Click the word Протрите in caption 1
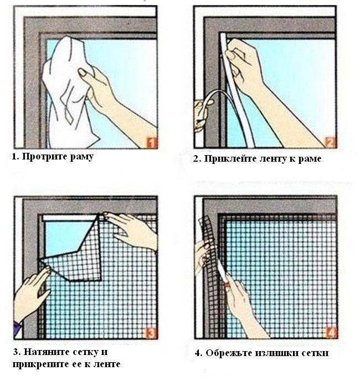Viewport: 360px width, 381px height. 44,157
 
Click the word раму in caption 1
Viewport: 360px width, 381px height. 81,157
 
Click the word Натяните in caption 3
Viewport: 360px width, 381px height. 45,352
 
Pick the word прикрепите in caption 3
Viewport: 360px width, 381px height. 40,364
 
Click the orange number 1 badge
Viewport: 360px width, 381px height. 151,143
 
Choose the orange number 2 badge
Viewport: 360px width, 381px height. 331,143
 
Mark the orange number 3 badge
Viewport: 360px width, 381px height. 151,333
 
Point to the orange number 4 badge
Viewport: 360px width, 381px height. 331,333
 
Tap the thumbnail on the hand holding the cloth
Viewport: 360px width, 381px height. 82,72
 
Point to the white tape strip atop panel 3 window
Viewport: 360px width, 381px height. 69,218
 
